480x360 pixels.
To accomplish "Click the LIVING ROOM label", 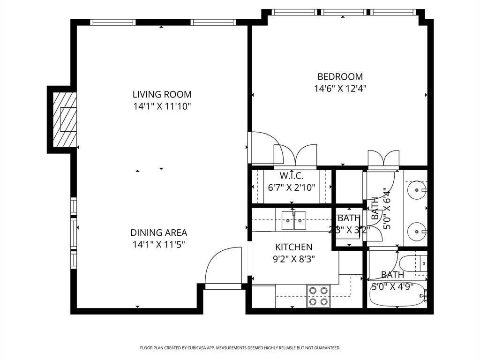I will (162, 94).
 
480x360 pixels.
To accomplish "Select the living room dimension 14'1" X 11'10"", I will (162, 106).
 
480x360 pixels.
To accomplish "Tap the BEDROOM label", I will (340, 76).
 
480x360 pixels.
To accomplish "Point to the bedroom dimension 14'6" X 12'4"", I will (340, 89).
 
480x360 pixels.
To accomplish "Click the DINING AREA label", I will (158, 232).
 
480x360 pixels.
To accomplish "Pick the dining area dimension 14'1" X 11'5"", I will (158, 244).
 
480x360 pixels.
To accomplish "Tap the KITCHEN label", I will (293, 247).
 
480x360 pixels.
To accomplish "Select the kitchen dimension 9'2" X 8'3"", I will (293, 259).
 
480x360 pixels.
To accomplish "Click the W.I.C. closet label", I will (292, 176).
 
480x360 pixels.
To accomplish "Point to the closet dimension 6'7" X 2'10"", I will (292, 187).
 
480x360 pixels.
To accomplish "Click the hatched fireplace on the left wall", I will (64, 119).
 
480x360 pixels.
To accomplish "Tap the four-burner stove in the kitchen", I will (318, 296).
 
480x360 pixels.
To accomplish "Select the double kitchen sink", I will (293, 221).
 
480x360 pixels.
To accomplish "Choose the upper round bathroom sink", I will (415, 191).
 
